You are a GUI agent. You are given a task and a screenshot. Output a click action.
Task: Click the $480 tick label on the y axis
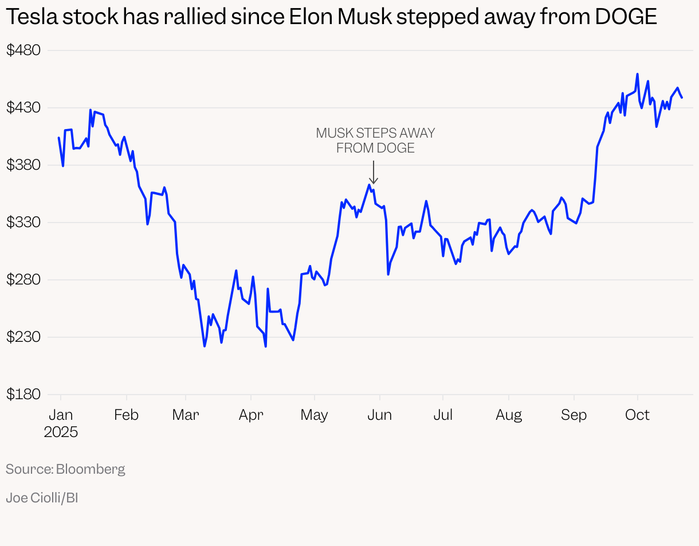point(23,50)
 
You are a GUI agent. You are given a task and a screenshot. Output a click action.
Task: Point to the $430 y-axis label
point(23,108)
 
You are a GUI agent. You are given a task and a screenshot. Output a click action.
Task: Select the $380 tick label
point(23,165)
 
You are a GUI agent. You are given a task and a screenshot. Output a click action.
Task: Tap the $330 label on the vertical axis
point(23,223)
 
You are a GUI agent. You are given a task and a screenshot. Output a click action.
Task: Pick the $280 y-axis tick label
point(23,280)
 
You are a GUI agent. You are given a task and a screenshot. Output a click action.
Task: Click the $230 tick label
point(23,337)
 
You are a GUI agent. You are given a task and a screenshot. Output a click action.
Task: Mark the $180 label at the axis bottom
point(23,395)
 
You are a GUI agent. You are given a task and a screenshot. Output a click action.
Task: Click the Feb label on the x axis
point(126,415)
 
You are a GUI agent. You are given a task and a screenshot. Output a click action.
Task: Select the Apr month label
point(251,415)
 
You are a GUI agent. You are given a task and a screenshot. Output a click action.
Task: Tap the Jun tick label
point(379,415)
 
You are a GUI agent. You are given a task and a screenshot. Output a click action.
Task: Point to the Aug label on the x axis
point(509,415)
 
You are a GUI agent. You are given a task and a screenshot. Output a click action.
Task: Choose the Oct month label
point(637,415)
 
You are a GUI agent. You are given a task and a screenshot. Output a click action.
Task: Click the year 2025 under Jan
point(61,432)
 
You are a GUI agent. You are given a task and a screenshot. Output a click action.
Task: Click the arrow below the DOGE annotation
point(374,173)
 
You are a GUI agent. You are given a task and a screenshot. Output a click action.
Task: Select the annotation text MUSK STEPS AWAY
point(375,133)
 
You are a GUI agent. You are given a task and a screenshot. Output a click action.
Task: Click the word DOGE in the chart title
point(626,18)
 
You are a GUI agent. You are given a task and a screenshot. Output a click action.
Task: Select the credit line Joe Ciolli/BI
point(42,498)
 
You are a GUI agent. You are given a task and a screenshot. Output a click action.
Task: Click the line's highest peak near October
point(637,74)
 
